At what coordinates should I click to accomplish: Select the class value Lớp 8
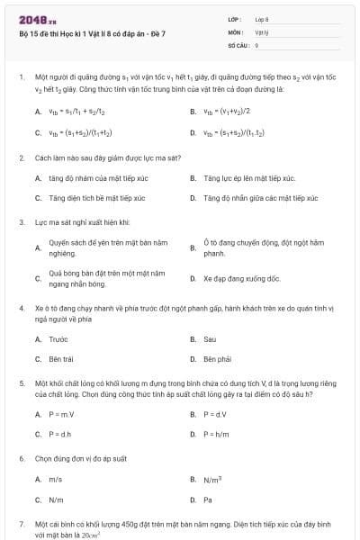tap(262, 18)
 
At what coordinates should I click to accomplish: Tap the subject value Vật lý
tap(261, 31)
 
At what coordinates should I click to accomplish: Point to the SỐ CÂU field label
tap(238, 44)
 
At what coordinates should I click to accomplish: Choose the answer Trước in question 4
tap(58, 339)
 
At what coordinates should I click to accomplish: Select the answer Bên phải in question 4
tap(217, 359)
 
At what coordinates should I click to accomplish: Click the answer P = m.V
tap(60, 414)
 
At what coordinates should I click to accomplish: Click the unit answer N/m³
tap(212, 480)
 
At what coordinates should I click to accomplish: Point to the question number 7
tap(21, 523)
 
